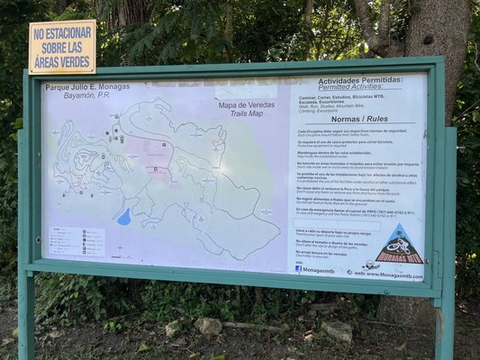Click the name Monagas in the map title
click(x=113, y=87)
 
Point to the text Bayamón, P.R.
click(x=72, y=94)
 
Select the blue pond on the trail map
click(x=123, y=217)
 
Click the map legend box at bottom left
click(x=77, y=241)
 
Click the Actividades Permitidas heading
click(x=361, y=81)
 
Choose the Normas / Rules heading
click(x=358, y=118)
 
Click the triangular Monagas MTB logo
click(x=399, y=245)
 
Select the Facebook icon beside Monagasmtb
click(x=299, y=268)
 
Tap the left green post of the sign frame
click(x=25, y=225)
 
